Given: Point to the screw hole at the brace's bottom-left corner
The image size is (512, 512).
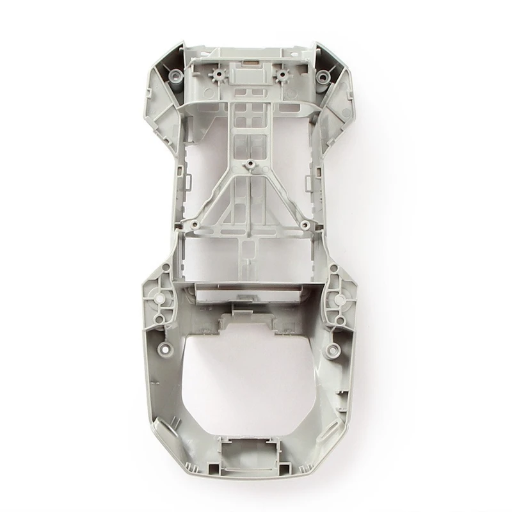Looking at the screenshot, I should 190,225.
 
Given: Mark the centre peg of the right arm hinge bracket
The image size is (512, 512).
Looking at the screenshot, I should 335,296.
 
